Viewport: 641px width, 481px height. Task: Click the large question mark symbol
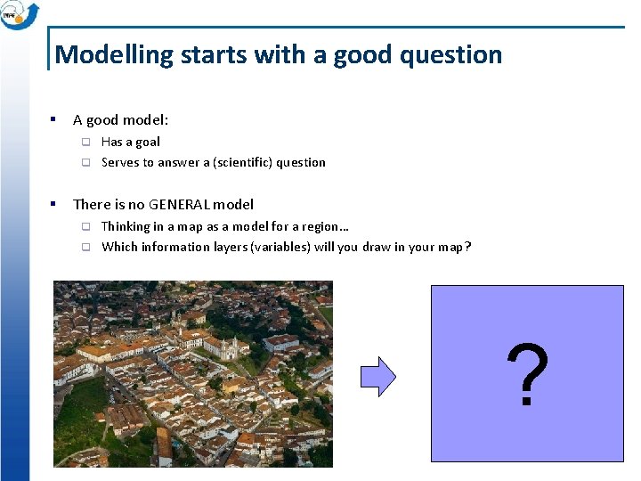point(527,376)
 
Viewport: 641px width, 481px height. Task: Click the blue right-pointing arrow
point(378,376)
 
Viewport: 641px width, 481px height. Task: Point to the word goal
point(146,142)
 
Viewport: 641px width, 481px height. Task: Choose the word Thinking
point(125,226)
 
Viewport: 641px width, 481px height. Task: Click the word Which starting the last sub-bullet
point(119,247)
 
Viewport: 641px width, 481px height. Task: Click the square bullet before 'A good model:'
point(54,119)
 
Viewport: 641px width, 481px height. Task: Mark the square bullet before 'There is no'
point(54,204)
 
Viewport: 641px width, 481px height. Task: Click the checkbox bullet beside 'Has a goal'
point(86,142)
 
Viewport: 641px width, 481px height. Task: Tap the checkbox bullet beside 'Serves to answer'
point(86,162)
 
